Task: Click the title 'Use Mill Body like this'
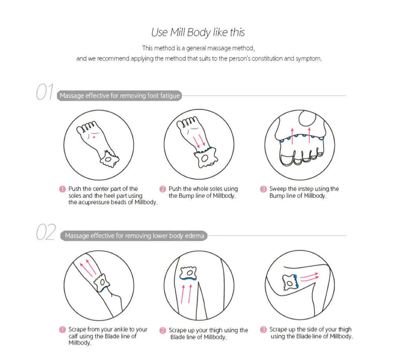click(198, 33)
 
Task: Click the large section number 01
click(45, 92)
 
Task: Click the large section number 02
click(46, 232)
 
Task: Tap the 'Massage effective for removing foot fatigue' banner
click(119, 96)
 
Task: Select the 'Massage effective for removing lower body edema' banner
click(134, 236)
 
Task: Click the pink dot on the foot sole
click(94, 137)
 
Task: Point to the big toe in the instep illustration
click(307, 118)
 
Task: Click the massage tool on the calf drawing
click(102, 283)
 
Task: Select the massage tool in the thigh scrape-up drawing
click(189, 273)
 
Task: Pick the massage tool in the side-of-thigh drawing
click(290, 283)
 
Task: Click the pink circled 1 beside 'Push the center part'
click(62, 189)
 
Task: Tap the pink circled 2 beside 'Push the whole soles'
click(163, 189)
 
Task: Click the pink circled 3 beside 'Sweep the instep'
click(263, 189)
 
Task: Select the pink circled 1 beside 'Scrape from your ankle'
click(62, 329)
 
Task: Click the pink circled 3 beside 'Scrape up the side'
click(263, 329)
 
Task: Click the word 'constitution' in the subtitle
click(267, 59)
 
